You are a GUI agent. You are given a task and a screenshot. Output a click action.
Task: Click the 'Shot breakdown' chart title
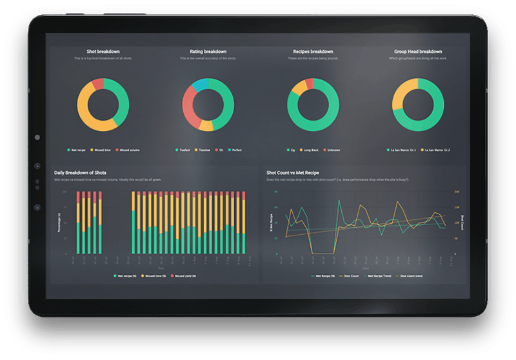(x=103, y=52)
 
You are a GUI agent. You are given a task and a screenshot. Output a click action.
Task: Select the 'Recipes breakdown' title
(x=312, y=52)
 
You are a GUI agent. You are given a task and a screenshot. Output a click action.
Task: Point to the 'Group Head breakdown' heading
(x=418, y=52)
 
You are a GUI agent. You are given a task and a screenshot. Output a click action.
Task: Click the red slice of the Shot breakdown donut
(x=97, y=85)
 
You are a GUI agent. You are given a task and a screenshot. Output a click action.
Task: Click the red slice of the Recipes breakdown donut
(x=309, y=83)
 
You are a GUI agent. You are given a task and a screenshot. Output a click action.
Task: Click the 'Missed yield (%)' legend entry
(x=184, y=275)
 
